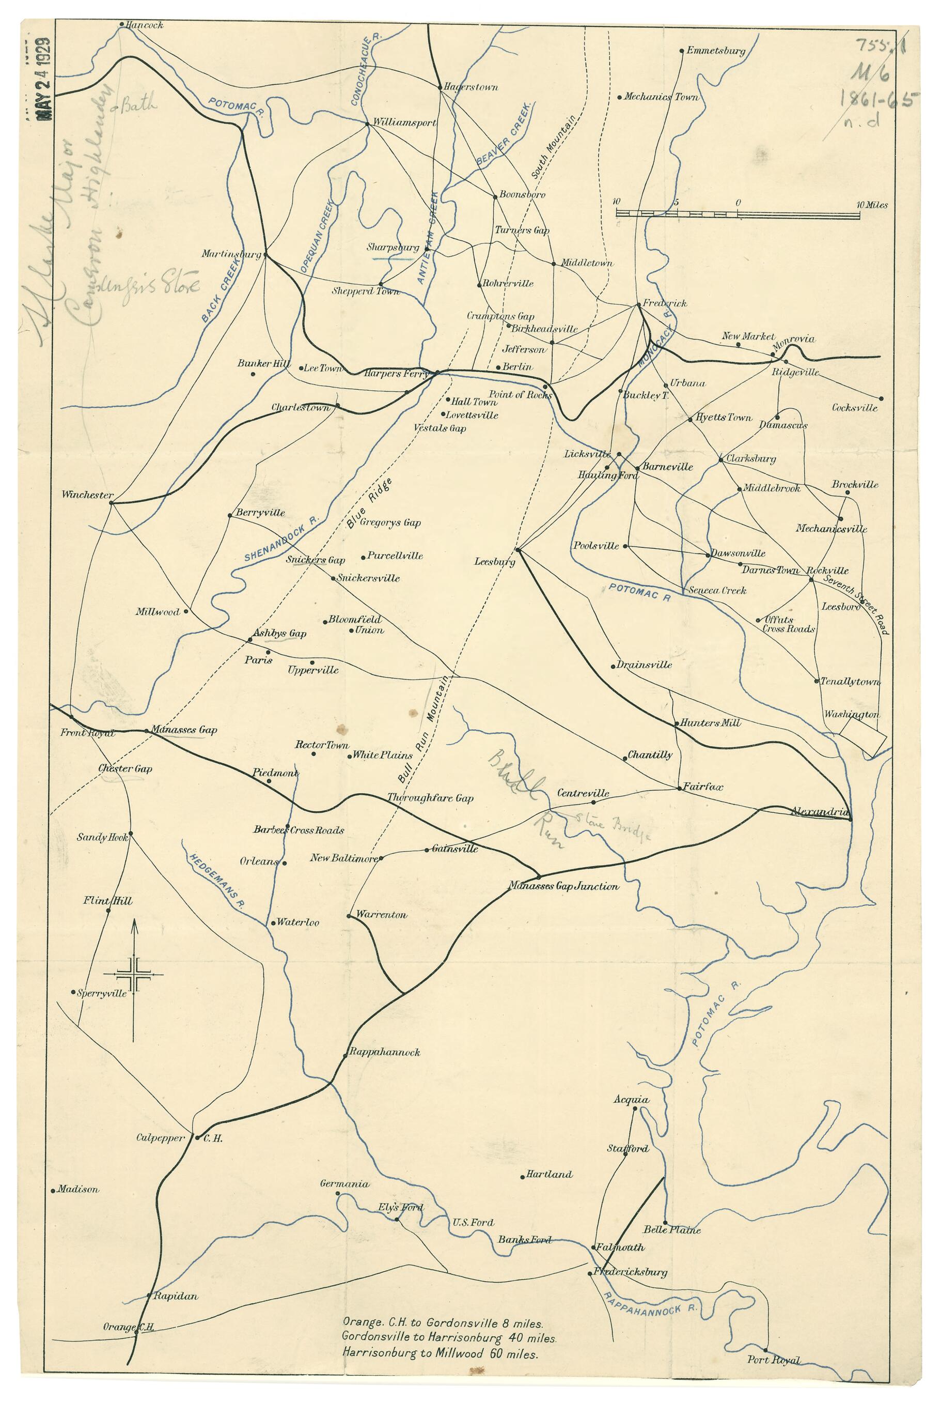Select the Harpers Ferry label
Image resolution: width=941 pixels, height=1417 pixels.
pyautogui.click(x=396, y=373)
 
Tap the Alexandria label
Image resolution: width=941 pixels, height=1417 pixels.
pyautogui.click(x=820, y=812)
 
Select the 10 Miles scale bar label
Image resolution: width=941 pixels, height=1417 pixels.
pyautogui.click(x=871, y=205)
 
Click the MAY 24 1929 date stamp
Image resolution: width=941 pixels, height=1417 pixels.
pyautogui.click(x=43, y=79)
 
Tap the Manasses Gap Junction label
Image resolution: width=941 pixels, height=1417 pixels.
pyautogui.click(x=563, y=886)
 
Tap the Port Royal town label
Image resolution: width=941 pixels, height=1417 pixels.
pyautogui.click(x=773, y=1372)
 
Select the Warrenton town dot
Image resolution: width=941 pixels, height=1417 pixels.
pyautogui.click(x=349, y=916)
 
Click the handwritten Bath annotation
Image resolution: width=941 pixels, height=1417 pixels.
pyautogui.click(x=139, y=105)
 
